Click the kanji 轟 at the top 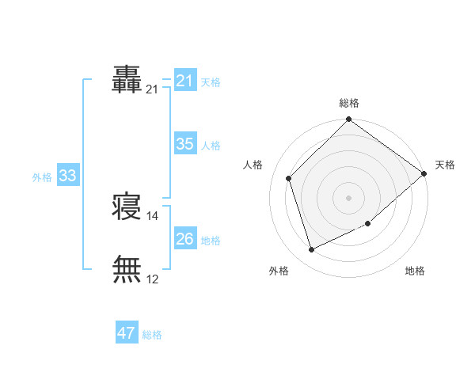tap(127, 80)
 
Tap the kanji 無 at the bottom tap(127, 269)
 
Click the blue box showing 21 tap(185, 81)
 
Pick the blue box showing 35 tap(185, 144)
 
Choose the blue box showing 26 tap(185, 239)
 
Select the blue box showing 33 tap(67, 177)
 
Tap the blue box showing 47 tap(127, 333)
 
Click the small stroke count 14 tap(153, 215)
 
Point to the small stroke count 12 tap(153, 279)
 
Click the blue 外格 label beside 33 tap(42, 177)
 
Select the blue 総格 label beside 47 tap(152, 335)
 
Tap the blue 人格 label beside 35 tap(211, 146)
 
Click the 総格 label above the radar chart tap(349, 103)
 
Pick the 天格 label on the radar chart tap(445, 165)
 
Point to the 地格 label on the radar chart tap(415, 271)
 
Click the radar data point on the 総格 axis tap(348, 120)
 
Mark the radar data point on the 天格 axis tap(424, 174)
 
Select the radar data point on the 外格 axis tap(312, 250)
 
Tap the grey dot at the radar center tap(348, 198)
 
